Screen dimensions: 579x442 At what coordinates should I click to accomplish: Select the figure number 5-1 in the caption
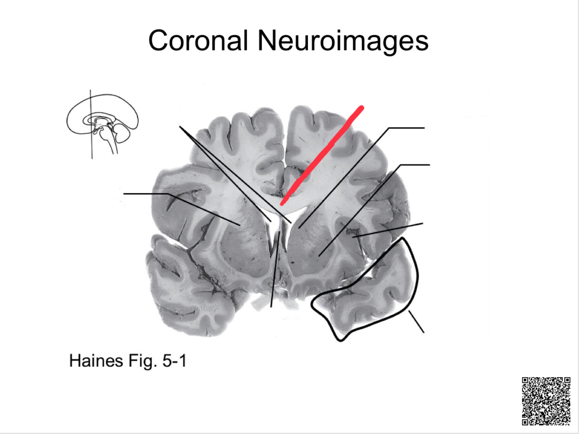pos(172,361)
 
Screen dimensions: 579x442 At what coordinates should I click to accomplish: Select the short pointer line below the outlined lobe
pos(416,322)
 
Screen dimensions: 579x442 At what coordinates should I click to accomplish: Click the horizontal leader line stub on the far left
pos(146,194)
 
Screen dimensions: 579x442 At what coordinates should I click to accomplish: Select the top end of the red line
pos(362,108)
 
